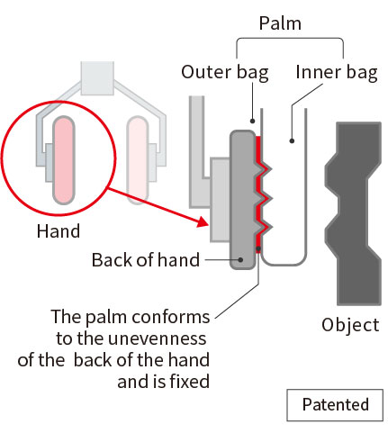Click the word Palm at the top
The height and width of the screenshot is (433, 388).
tap(280, 23)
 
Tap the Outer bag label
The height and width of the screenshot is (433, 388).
tap(225, 73)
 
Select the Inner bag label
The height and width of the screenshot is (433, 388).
tap(337, 73)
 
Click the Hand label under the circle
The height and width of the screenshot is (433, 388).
tap(59, 231)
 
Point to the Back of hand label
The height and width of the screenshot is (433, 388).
tap(146, 259)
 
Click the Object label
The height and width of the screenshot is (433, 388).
tap(350, 325)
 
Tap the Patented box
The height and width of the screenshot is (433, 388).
tap(335, 405)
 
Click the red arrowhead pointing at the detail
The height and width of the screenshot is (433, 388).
tap(203, 222)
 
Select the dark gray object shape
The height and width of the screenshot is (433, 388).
tap(353, 213)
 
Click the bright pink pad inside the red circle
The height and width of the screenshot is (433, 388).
tap(64, 160)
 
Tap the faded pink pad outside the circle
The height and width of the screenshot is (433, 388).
tap(138, 160)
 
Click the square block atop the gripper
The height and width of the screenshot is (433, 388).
tap(97, 78)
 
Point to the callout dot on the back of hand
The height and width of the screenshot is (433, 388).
tap(240, 259)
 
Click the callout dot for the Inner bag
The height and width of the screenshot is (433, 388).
tap(292, 140)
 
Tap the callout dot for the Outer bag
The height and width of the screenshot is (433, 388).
tap(253, 121)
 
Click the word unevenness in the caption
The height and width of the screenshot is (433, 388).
tap(157, 338)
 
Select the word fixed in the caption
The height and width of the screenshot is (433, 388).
tap(190, 382)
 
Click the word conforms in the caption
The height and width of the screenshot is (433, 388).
tap(170, 317)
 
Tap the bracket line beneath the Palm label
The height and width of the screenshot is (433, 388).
tap(290, 39)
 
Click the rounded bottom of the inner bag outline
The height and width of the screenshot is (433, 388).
tap(284, 265)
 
